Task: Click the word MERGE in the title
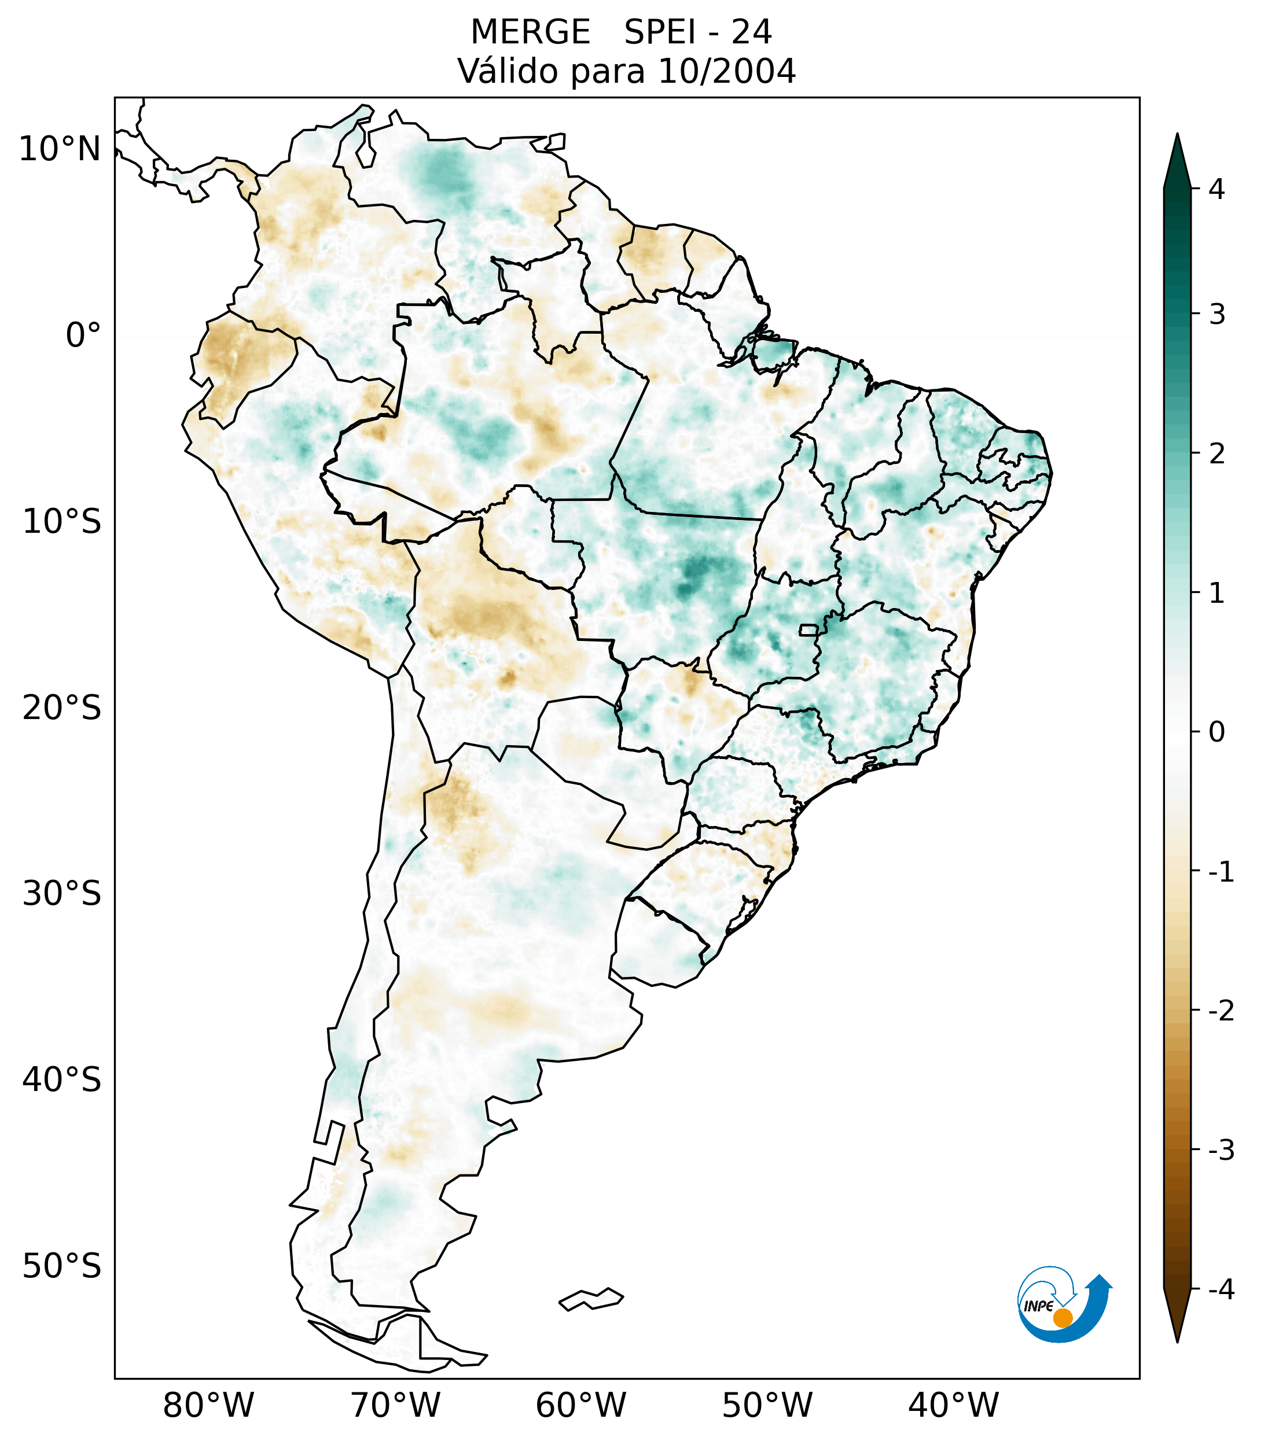pos(530,32)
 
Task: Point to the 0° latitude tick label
pos(83,335)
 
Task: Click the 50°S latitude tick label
pos(62,1266)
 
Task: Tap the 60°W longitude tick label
pos(580,1405)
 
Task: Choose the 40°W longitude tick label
pos(954,1405)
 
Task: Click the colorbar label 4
pos(1216,189)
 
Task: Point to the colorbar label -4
pos(1221,1290)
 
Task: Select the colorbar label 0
pos(1216,732)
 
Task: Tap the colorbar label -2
pos(1221,1011)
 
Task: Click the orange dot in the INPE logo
pos(1062,1318)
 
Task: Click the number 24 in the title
pos(751,32)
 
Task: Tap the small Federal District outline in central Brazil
pos(809,629)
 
